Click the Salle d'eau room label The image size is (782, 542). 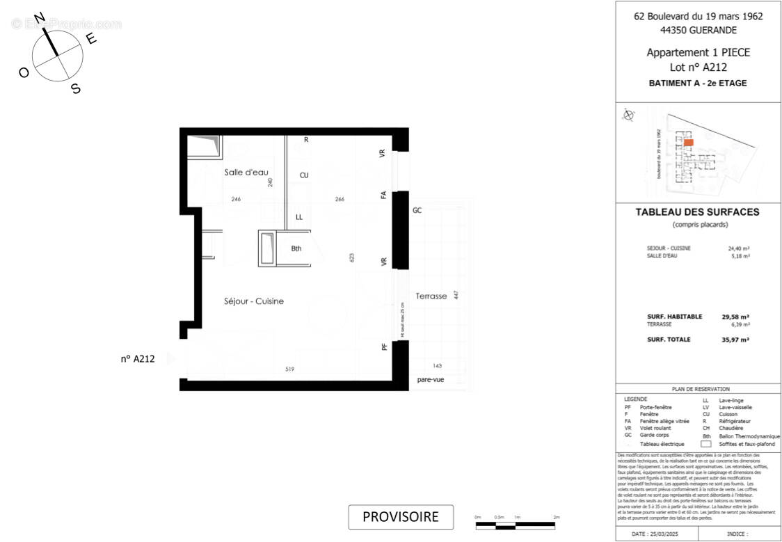[246, 173]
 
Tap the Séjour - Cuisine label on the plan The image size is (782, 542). [254, 301]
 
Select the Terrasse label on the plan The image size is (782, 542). [431, 296]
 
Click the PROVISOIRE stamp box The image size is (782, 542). [401, 517]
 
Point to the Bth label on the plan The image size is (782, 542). [296, 249]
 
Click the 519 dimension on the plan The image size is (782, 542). [289, 369]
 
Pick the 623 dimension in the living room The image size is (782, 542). [353, 258]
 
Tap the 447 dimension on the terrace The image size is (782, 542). [456, 295]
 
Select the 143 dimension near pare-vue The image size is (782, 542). [438, 366]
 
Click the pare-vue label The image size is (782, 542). [431, 380]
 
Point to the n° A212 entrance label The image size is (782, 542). [137, 359]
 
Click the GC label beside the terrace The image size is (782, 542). [417, 210]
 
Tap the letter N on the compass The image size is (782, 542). [41, 17]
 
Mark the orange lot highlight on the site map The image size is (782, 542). [688, 142]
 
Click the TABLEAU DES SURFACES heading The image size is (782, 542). [698, 212]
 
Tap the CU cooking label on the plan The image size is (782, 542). [304, 175]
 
